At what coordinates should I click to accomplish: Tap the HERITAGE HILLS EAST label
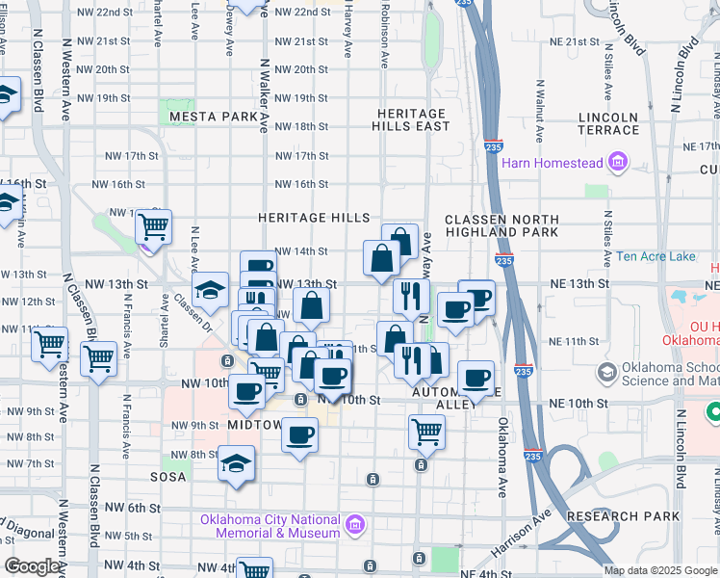coord(413,119)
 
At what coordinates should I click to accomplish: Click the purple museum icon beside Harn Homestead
coord(617,162)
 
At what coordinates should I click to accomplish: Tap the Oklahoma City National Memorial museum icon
coord(355,526)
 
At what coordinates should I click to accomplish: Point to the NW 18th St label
coord(301,127)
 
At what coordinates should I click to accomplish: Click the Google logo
coord(33,566)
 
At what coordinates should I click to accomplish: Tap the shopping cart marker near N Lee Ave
coord(153,227)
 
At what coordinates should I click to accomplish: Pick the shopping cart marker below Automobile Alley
coord(425,432)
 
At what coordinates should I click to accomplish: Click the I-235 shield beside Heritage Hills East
coord(492,146)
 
